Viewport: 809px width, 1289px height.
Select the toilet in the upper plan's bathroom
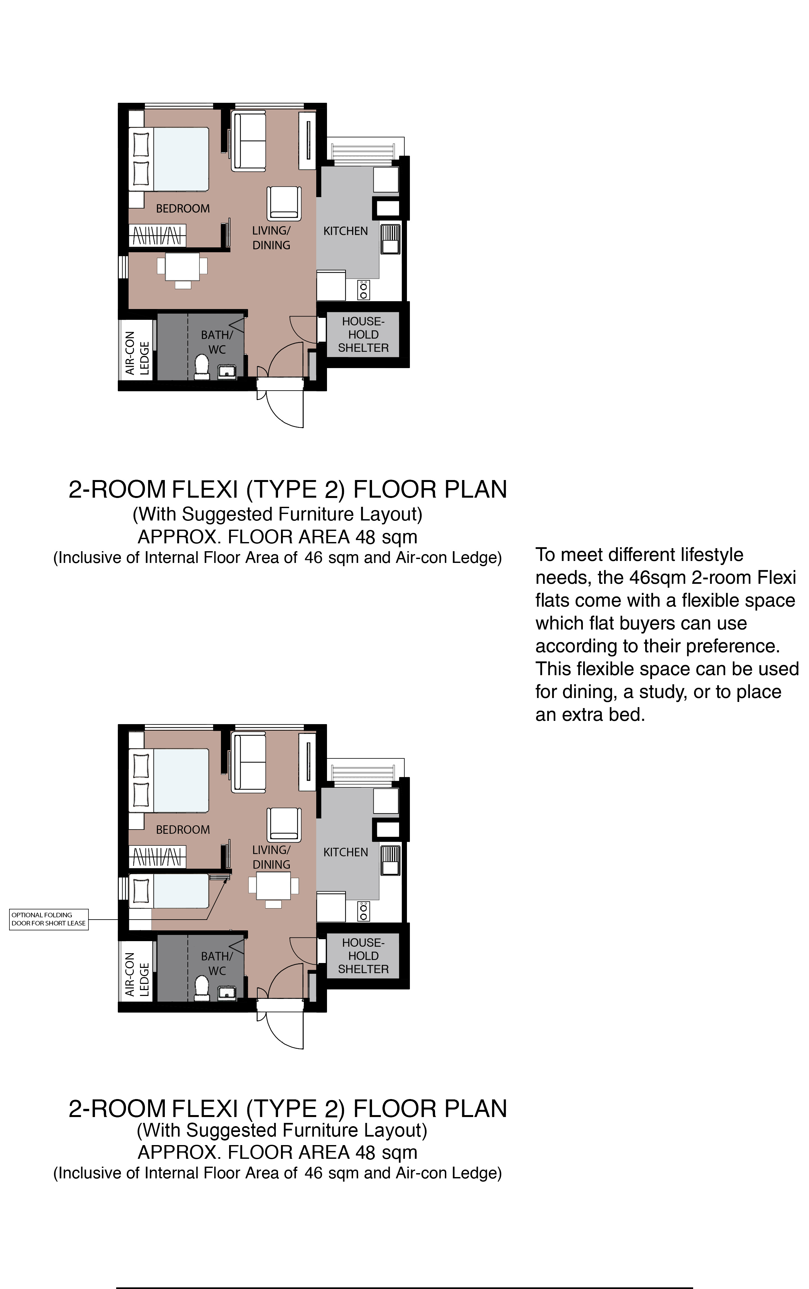[x=202, y=367]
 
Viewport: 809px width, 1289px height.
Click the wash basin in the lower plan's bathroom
[x=227, y=994]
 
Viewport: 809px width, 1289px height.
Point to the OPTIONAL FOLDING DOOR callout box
[x=49, y=919]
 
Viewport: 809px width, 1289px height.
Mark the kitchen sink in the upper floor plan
[x=390, y=239]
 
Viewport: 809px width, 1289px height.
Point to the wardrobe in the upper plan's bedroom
[x=157, y=235]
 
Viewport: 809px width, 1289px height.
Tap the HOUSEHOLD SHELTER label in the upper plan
[x=363, y=334]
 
